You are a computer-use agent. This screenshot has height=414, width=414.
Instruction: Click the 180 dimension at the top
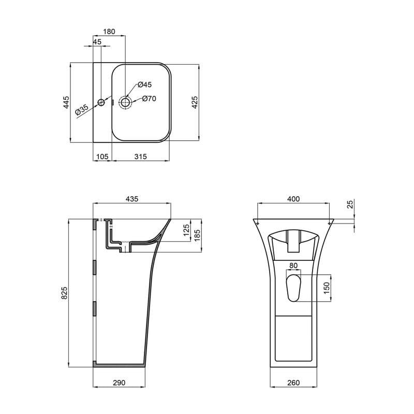pyautogui.click(x=109, y=32)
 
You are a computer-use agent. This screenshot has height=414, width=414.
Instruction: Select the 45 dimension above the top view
pyautogui.click(x=97, y=42)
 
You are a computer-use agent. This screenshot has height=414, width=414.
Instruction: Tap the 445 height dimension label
pyautogui.click(x=66, y=103)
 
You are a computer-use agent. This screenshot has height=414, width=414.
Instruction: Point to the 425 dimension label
pyautogui.click(x=195, y=102)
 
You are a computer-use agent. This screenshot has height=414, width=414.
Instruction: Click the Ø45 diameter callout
pyautogui.click(x=144, y=84)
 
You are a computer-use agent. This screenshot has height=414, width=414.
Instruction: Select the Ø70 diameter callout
pyautogui.click(x=149, y=99)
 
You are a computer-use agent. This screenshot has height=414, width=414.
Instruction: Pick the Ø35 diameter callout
pyautogui.click(x=82, y=109)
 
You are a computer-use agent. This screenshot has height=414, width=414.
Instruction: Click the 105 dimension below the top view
pyautogui.click(x=102, y=156)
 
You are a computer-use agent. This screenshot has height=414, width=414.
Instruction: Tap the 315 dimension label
pyautogui.click(x=141, y=156)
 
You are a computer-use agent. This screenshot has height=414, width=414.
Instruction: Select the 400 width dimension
pyautogui.click(x=293, y=199)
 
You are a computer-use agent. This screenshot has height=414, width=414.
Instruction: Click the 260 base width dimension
pyautogui.click(x=293, y=383)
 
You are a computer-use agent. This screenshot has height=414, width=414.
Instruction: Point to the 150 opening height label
pyautogui.click(x=327, y=288)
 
